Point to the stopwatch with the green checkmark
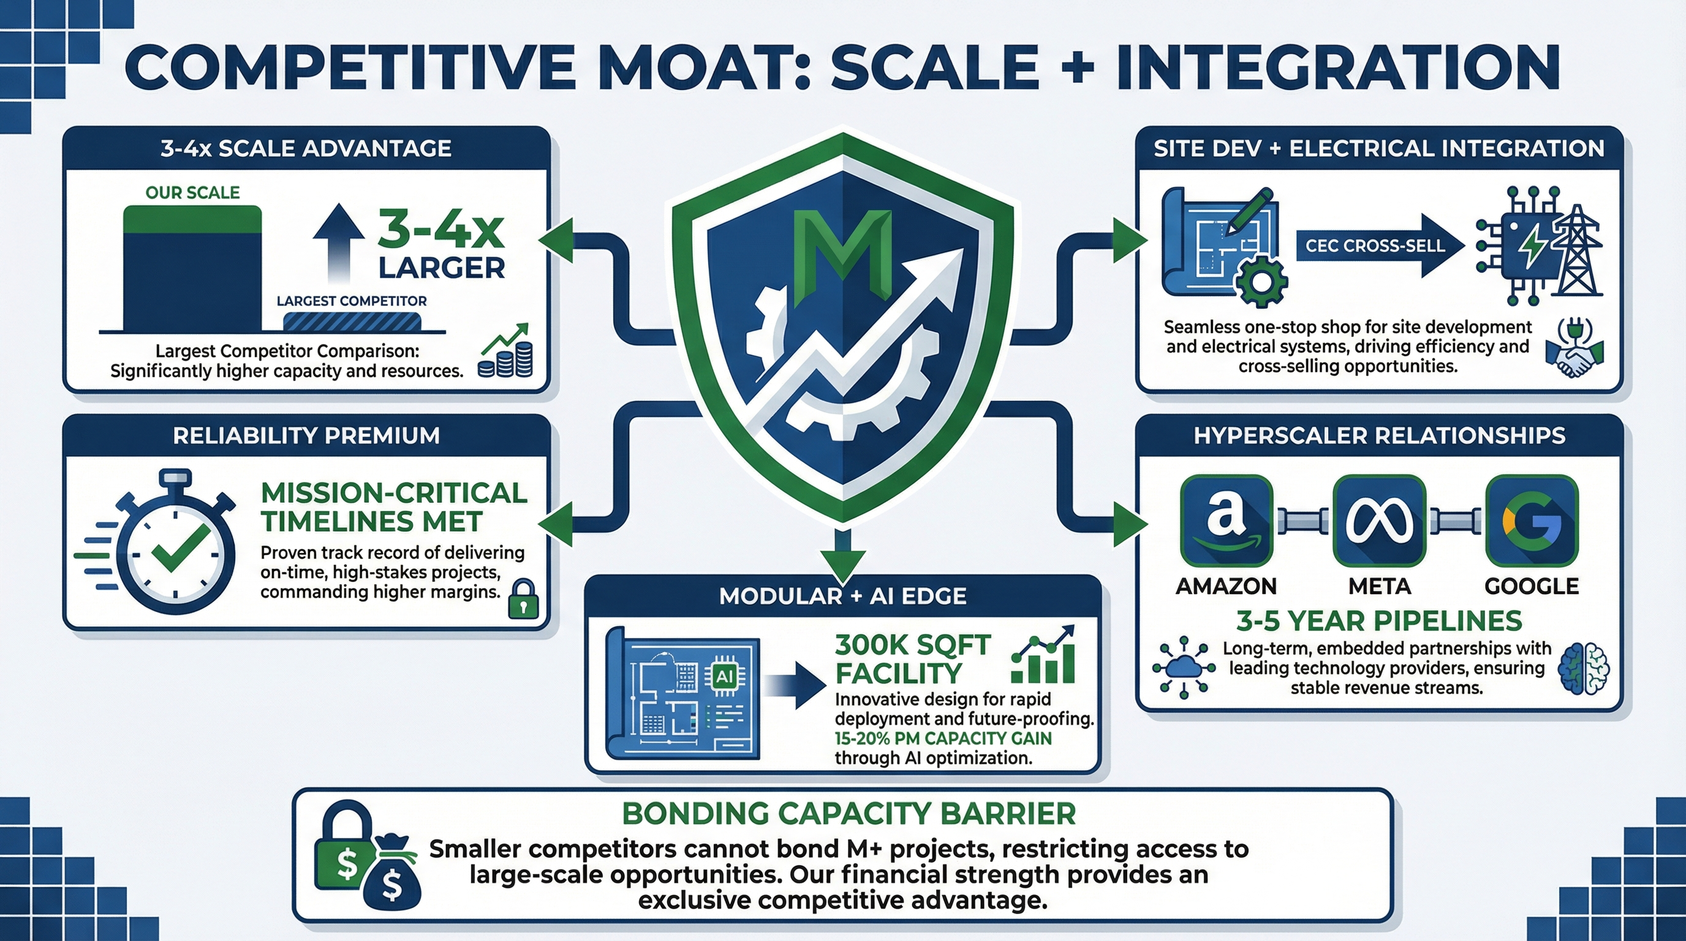175,546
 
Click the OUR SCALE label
192,192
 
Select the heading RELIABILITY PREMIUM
306,436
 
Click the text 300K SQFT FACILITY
912,659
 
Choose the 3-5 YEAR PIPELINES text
1379,621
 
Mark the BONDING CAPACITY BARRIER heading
849,814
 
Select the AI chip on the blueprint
725,676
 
